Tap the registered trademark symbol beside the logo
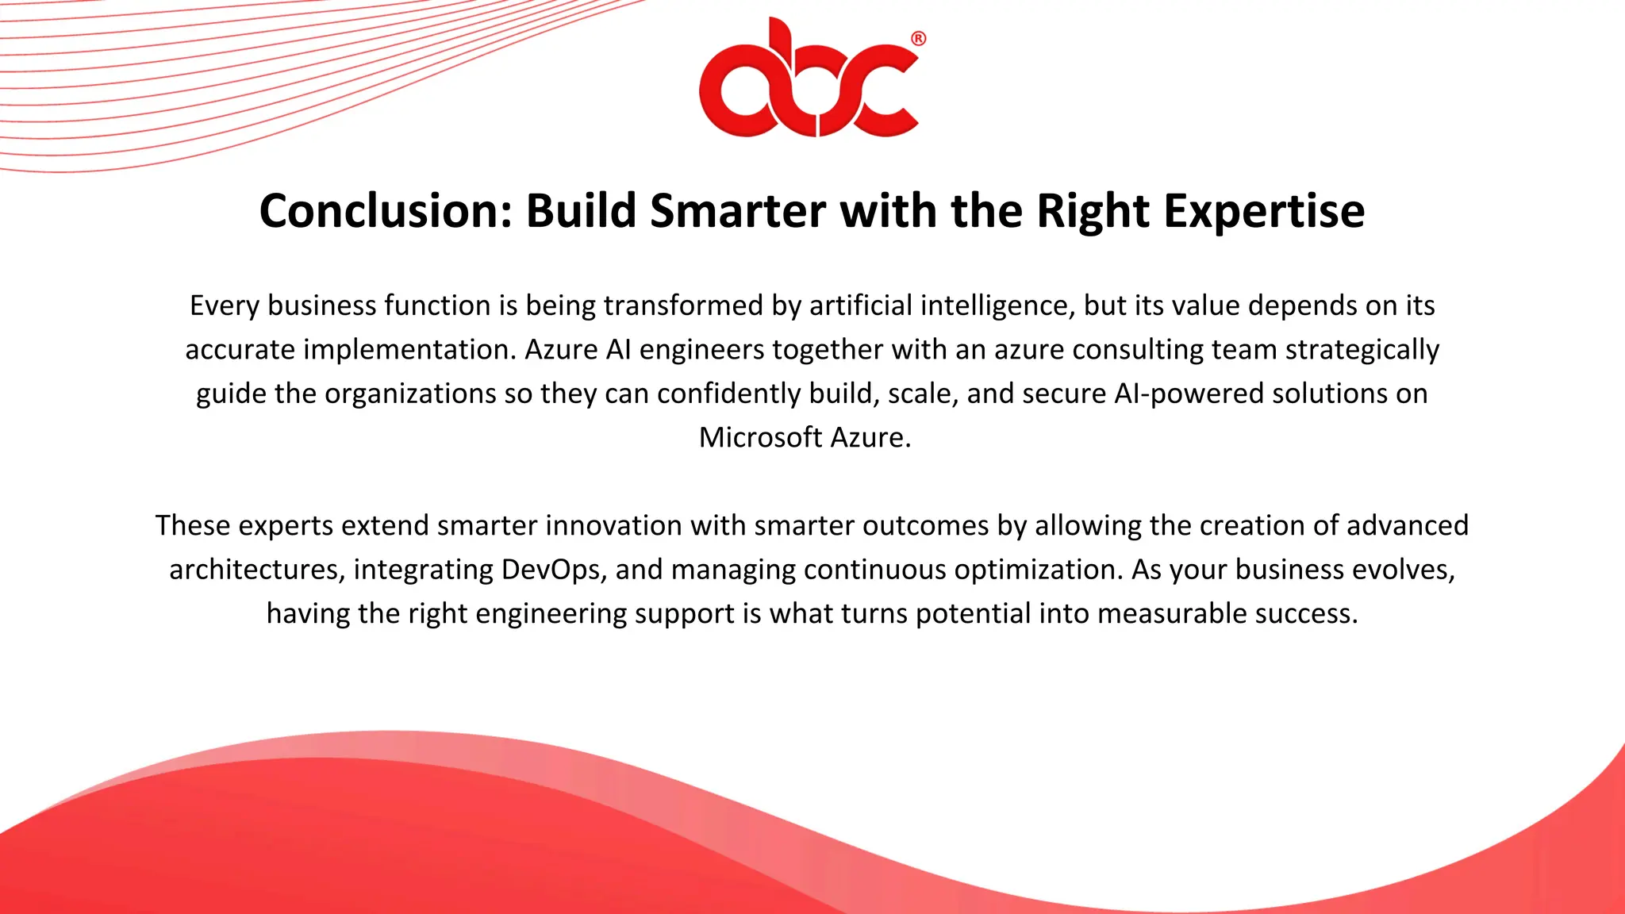click(x=918, y=39)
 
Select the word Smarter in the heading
click(x=737, y=211)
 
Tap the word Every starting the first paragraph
click(x=225, y=305)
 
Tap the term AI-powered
click(x=1189, y=394)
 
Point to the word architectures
click(x=253, y=570)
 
